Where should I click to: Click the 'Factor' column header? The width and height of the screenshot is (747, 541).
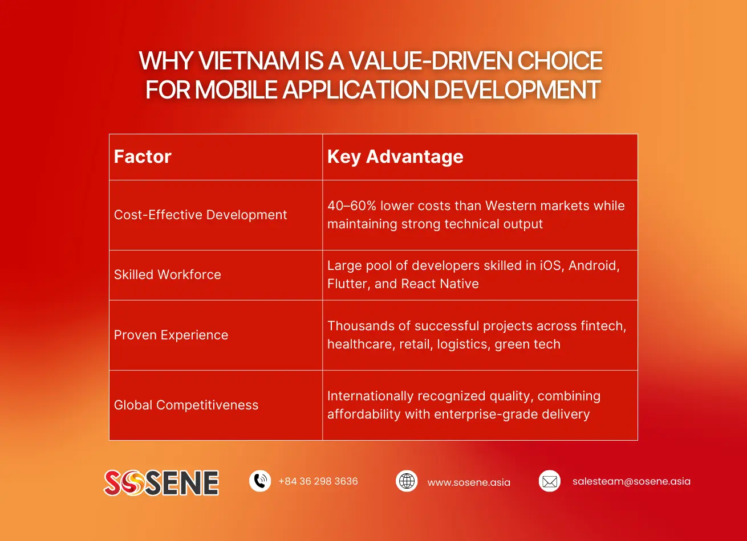(x=143, y=157)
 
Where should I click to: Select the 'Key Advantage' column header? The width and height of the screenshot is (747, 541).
(x=395, y=157)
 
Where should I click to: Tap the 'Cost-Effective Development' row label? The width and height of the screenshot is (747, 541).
(x=200, y=215)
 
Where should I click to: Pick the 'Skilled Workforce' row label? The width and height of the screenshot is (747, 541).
(x=167, y=274)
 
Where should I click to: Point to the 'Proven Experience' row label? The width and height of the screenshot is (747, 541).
(x=170, y=335)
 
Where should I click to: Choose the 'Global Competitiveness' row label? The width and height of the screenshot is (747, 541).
(x=186, y=405)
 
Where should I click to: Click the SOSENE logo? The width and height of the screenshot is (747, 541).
(x=161, y=482)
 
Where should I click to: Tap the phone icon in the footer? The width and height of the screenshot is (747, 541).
(x=260, y=481)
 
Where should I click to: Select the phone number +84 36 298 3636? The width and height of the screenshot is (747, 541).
(x=318, y=481)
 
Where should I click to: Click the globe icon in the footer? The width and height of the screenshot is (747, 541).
(x=407, y=481)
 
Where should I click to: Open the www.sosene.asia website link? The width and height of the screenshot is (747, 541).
(x=469, y=482)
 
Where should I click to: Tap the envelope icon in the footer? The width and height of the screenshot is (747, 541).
(x=550, y=481)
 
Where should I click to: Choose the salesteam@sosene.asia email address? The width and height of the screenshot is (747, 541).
(x=631, y=481)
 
